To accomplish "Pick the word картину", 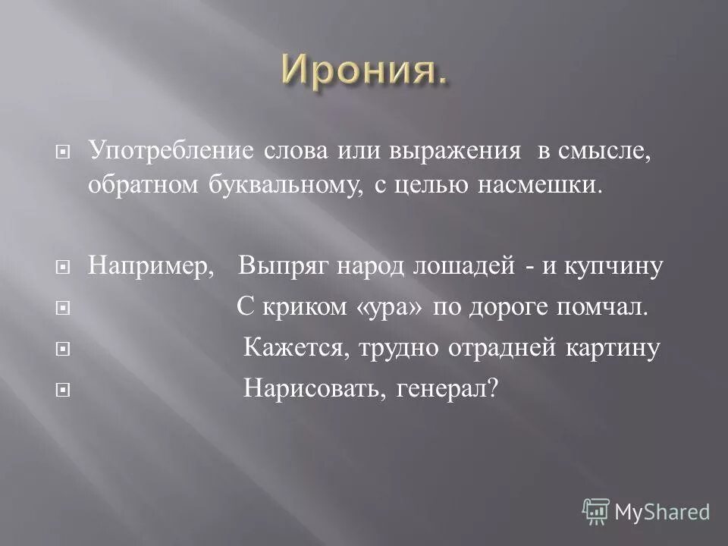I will (x=613, y=348).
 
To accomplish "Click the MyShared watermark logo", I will (x=646, y=511).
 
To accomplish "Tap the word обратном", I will (x=142, y=187).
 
